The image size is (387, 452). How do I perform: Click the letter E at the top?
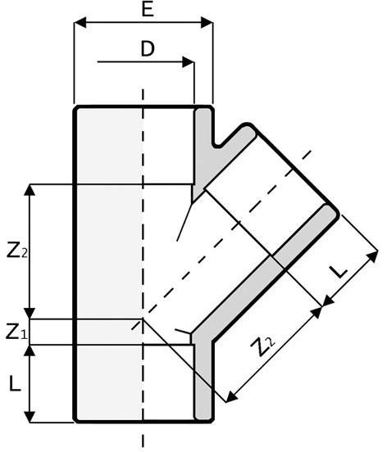[148, 9]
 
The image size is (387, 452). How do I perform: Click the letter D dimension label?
[148, 48]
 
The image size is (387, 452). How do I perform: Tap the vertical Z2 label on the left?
[17, 251]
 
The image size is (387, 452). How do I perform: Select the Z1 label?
[16, 332]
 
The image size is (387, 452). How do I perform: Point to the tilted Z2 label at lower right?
[263, 346]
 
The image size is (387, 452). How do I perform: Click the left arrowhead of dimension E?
[80, 22]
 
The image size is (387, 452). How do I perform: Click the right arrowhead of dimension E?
[207, 22]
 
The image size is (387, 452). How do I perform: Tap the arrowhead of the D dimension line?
[188, 62]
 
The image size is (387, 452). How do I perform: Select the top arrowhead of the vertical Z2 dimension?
[30, 190]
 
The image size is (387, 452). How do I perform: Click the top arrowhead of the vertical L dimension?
[30, 350]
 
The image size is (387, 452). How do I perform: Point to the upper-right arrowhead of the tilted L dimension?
[372, 256]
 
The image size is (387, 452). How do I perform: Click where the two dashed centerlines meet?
[143, 319]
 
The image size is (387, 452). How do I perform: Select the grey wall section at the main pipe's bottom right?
[203, 381]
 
